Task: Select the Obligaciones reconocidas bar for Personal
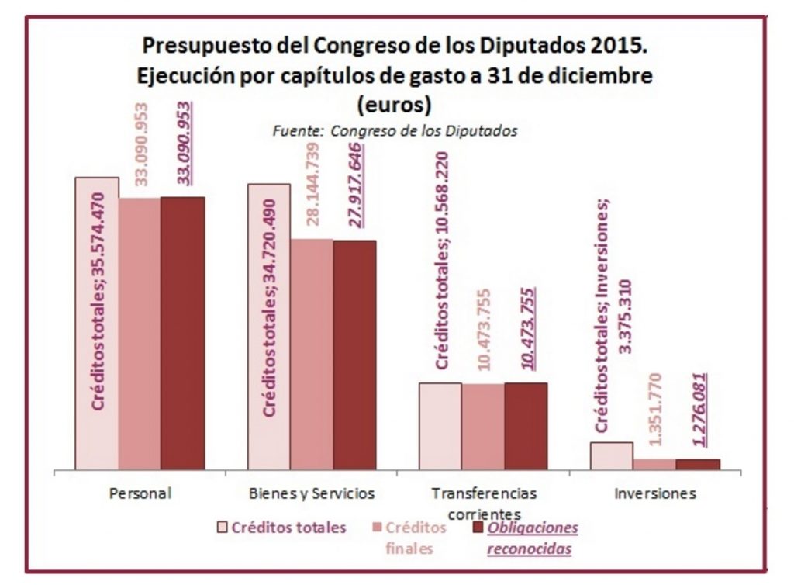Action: [183, 334]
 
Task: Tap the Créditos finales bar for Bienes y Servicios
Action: [312, 354]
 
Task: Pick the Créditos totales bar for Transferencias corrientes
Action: [440, 426]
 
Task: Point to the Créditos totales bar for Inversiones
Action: [611, 455]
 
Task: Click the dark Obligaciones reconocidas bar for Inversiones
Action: [697, 464]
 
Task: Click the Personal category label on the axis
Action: [140, 493]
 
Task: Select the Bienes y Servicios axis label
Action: [312, 493]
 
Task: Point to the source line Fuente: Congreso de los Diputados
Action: [395, 130]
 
